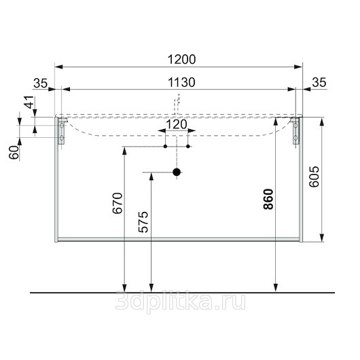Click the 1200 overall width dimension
click(x=181, y=60)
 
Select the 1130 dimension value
click(x=181, y=82)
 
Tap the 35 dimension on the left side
click(x=40, y=83)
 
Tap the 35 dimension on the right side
click(x=319, y=82)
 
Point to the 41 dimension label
click(x=29, y=102)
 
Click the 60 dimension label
click(x=14, y=152)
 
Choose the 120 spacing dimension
click(x=177, y=125)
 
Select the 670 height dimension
click(x=118, y=203)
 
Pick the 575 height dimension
click(x=143, y=222)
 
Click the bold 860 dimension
click(x=268, y=199)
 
